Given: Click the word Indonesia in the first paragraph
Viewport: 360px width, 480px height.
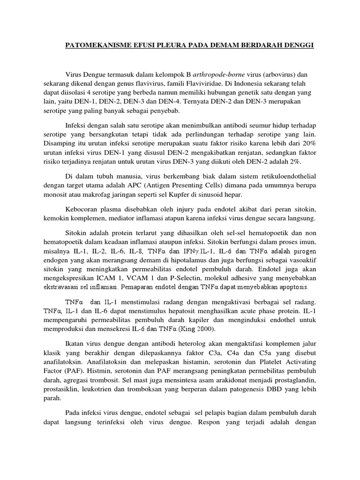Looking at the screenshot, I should [244, 84].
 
